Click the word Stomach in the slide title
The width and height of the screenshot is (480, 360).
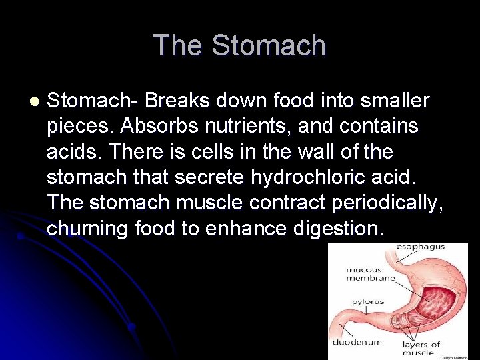click(x=269, y=46)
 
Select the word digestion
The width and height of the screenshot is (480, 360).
click(x=338, y=229)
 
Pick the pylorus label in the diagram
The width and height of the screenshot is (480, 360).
click(x=367, y=301)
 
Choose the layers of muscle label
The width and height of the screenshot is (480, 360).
click(x=421, y=348)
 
